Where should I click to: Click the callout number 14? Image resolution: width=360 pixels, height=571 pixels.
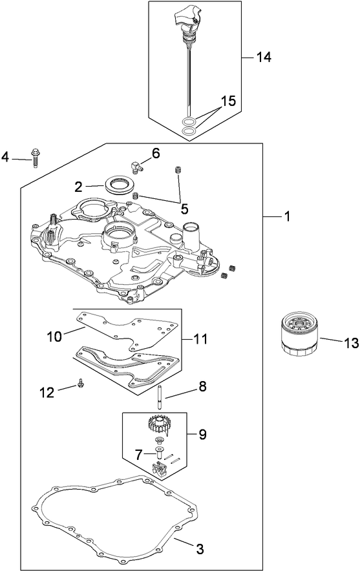pos(263,57)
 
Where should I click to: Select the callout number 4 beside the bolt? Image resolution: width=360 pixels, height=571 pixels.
pos(5,156)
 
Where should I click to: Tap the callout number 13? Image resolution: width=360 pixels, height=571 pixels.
pos(350,343)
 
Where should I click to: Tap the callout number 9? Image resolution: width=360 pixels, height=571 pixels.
pos(202,435)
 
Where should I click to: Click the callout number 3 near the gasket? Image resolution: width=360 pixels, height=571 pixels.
pos(200,550)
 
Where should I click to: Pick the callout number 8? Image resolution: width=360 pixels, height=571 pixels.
pos(202,387)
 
